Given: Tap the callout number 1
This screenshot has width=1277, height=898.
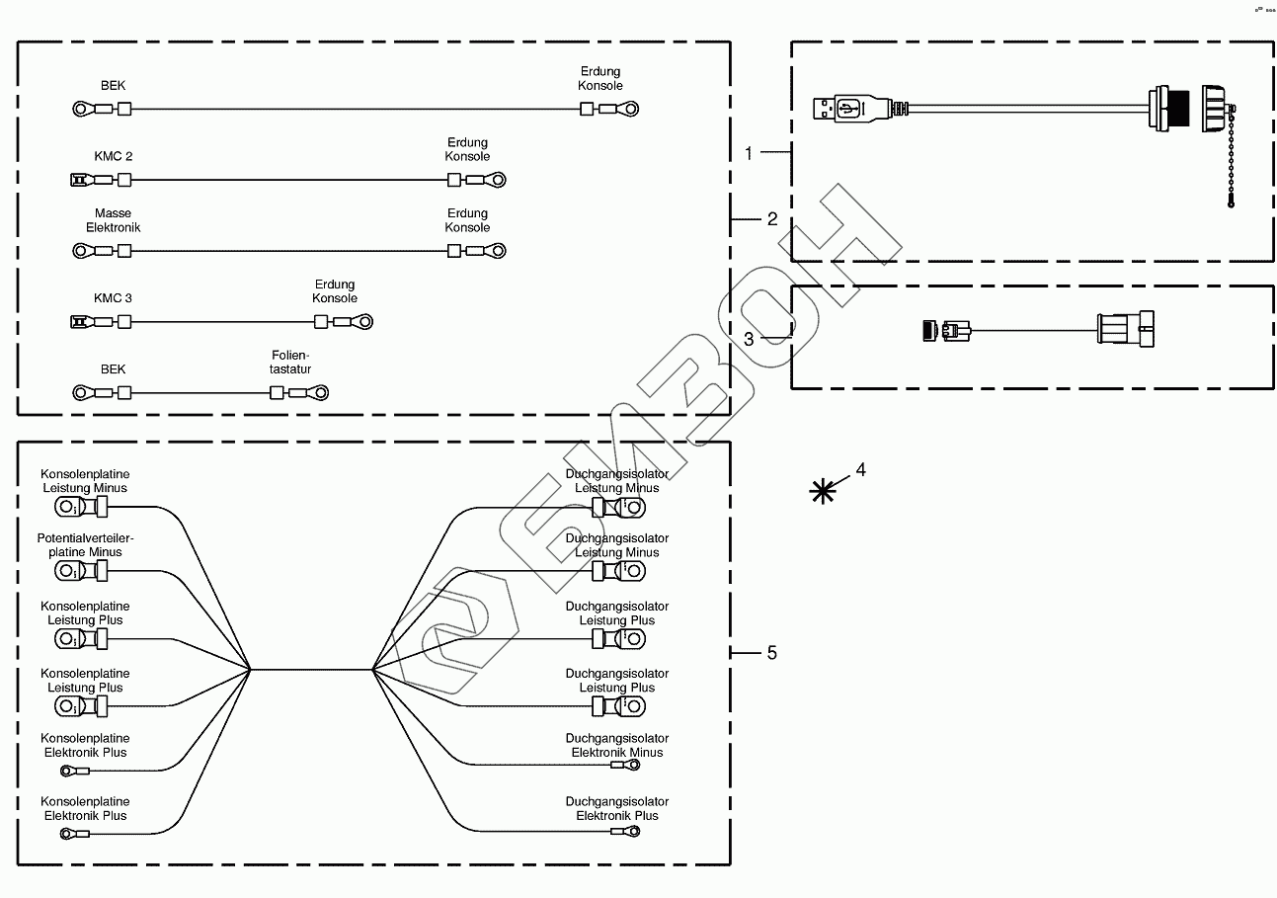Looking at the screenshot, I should coord(749,153).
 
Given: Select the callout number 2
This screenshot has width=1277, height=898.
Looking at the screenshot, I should coord(772,219).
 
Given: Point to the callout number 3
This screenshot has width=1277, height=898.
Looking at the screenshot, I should coord(749,338).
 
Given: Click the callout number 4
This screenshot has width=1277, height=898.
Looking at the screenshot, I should coord(860,470).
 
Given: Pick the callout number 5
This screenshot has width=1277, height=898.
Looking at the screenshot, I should coord(772,653).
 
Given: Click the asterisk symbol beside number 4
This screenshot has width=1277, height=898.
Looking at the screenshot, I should coord(822,490).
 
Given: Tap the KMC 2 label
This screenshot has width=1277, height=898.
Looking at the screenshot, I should coord(114,156).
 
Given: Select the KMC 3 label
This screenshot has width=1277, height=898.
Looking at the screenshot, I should coord(114,298).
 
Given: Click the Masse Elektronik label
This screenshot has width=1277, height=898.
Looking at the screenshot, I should coord(114,220).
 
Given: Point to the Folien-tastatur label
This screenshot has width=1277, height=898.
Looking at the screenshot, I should coord(291,362).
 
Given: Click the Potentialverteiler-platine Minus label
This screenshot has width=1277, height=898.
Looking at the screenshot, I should coord(85,544).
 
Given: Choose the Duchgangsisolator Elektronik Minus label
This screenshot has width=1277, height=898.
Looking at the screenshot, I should coord(617,745).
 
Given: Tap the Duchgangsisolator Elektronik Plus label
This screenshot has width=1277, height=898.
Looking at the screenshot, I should coord(617,808).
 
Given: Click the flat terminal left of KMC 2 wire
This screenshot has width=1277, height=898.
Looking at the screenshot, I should coord(79,180).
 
